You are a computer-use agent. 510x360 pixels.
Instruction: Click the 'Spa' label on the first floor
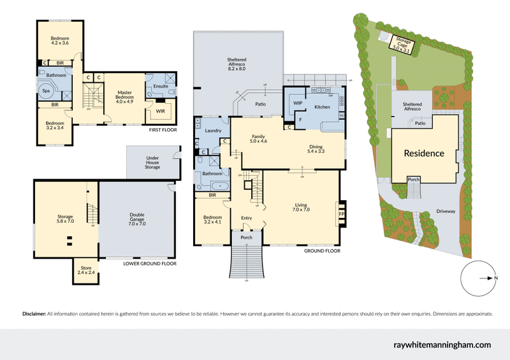[x=47, y=91]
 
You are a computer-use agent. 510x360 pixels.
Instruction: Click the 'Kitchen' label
[x=323, y=106]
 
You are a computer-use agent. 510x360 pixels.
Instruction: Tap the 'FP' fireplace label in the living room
[x=342, y=214]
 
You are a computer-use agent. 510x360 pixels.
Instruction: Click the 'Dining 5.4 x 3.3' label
[x=316, y=148]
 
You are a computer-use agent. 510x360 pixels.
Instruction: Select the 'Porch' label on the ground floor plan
[x=246, y=238]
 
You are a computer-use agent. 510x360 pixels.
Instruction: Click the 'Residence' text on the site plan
[x=424, y=154]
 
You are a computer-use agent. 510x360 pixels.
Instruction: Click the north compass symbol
[x=478, y=278]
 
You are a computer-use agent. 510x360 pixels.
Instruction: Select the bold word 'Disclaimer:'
[x=34, y=314]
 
